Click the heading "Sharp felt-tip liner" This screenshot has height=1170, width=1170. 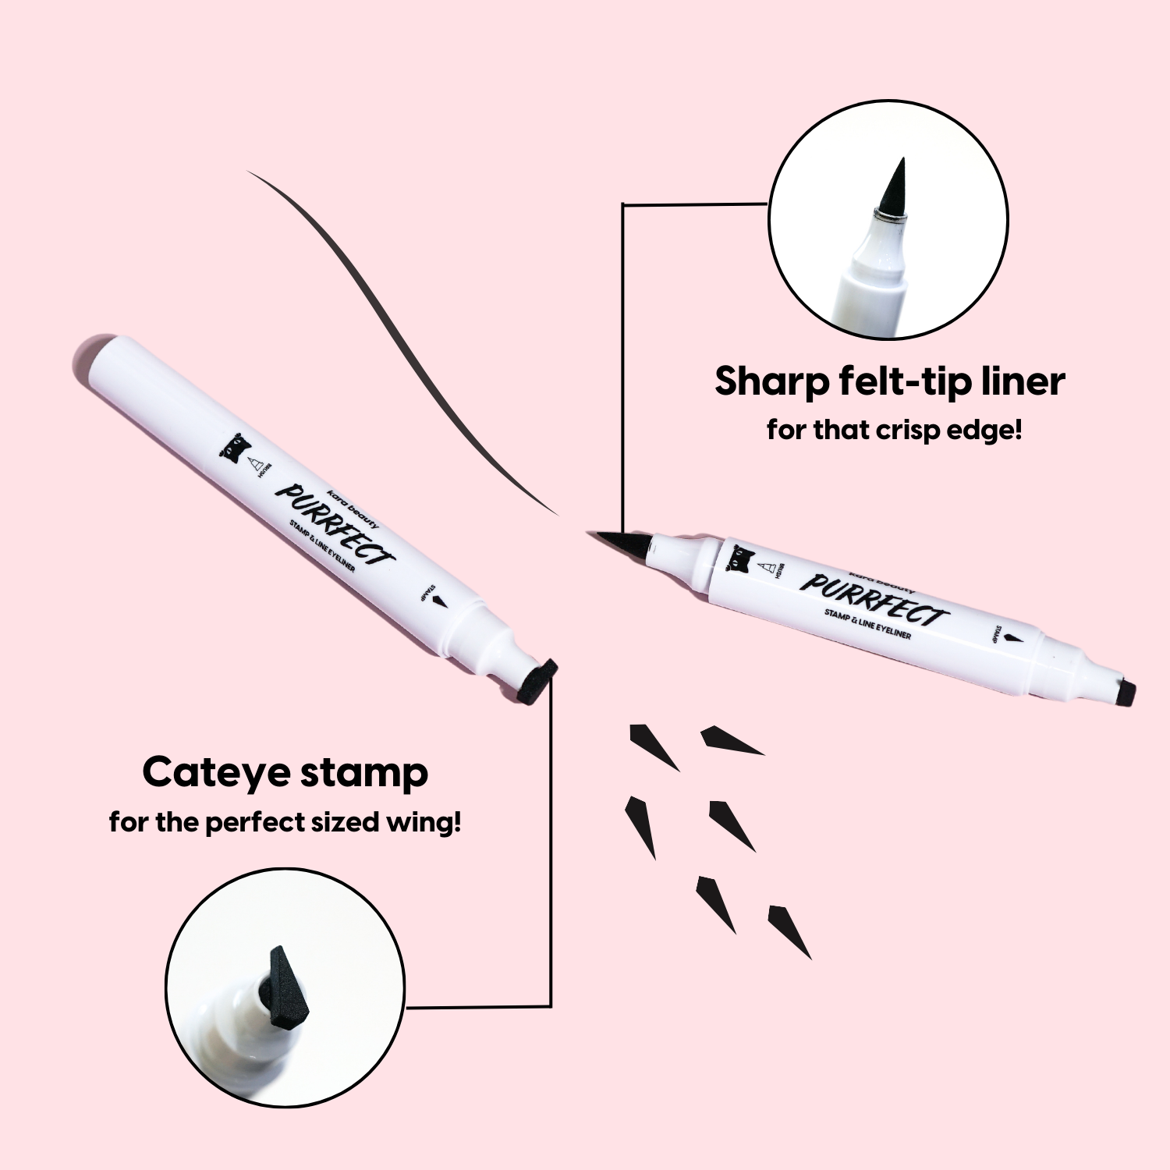(889, 381)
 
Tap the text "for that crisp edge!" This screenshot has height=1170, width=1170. (894, 430)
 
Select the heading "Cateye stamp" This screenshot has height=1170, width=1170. (285, 773)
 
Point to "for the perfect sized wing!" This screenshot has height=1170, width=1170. (285, 822)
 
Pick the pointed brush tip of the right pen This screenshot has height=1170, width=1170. (620, 541)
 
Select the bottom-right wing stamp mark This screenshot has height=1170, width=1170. (789, 931)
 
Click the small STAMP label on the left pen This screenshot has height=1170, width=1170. (426, 593)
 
